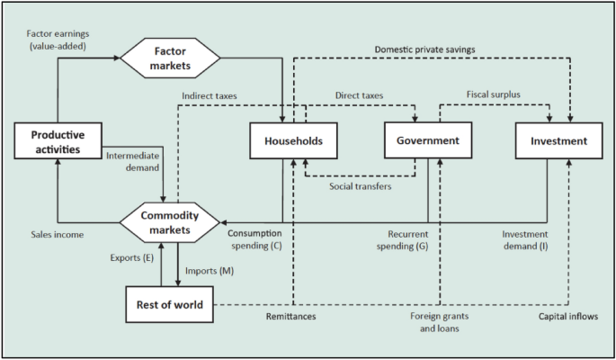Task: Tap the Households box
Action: coord(294,140)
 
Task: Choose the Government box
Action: coord(427,140)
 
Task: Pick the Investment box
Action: coord(558,140)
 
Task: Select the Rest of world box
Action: coord(171,305)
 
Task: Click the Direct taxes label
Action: coord(360,94)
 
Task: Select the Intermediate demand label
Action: coord(133,161)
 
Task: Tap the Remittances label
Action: coord(292,317)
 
